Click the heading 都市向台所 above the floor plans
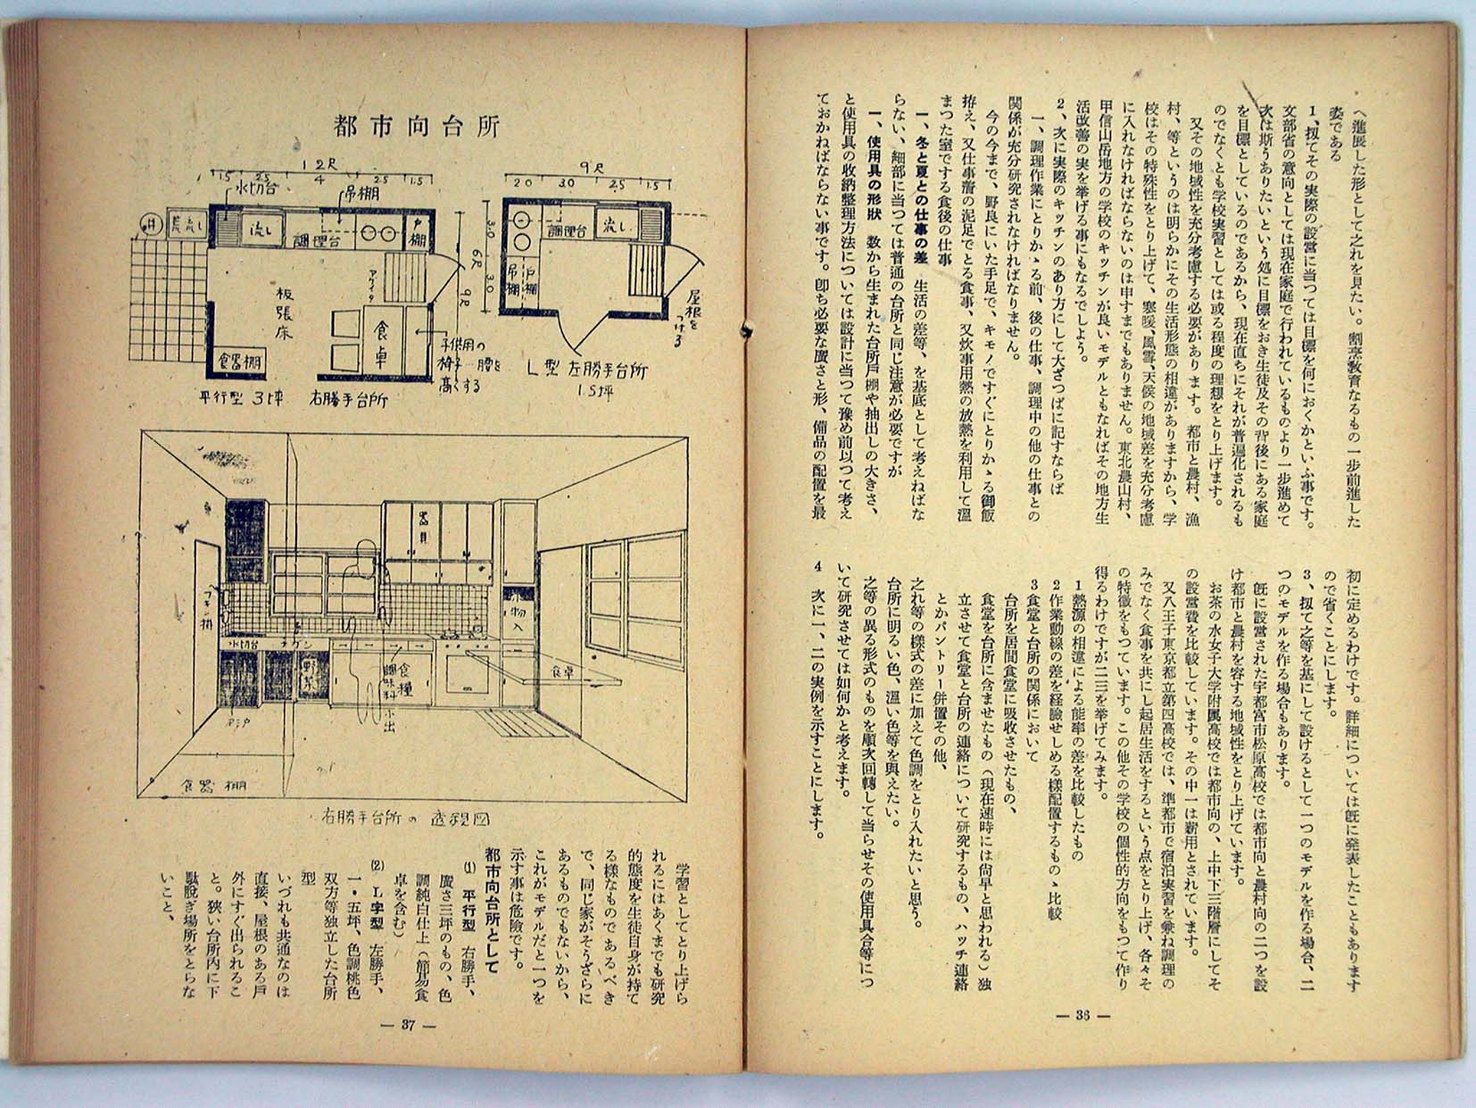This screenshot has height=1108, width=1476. coord(417,124)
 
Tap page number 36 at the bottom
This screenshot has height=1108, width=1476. coord(1082,1015)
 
